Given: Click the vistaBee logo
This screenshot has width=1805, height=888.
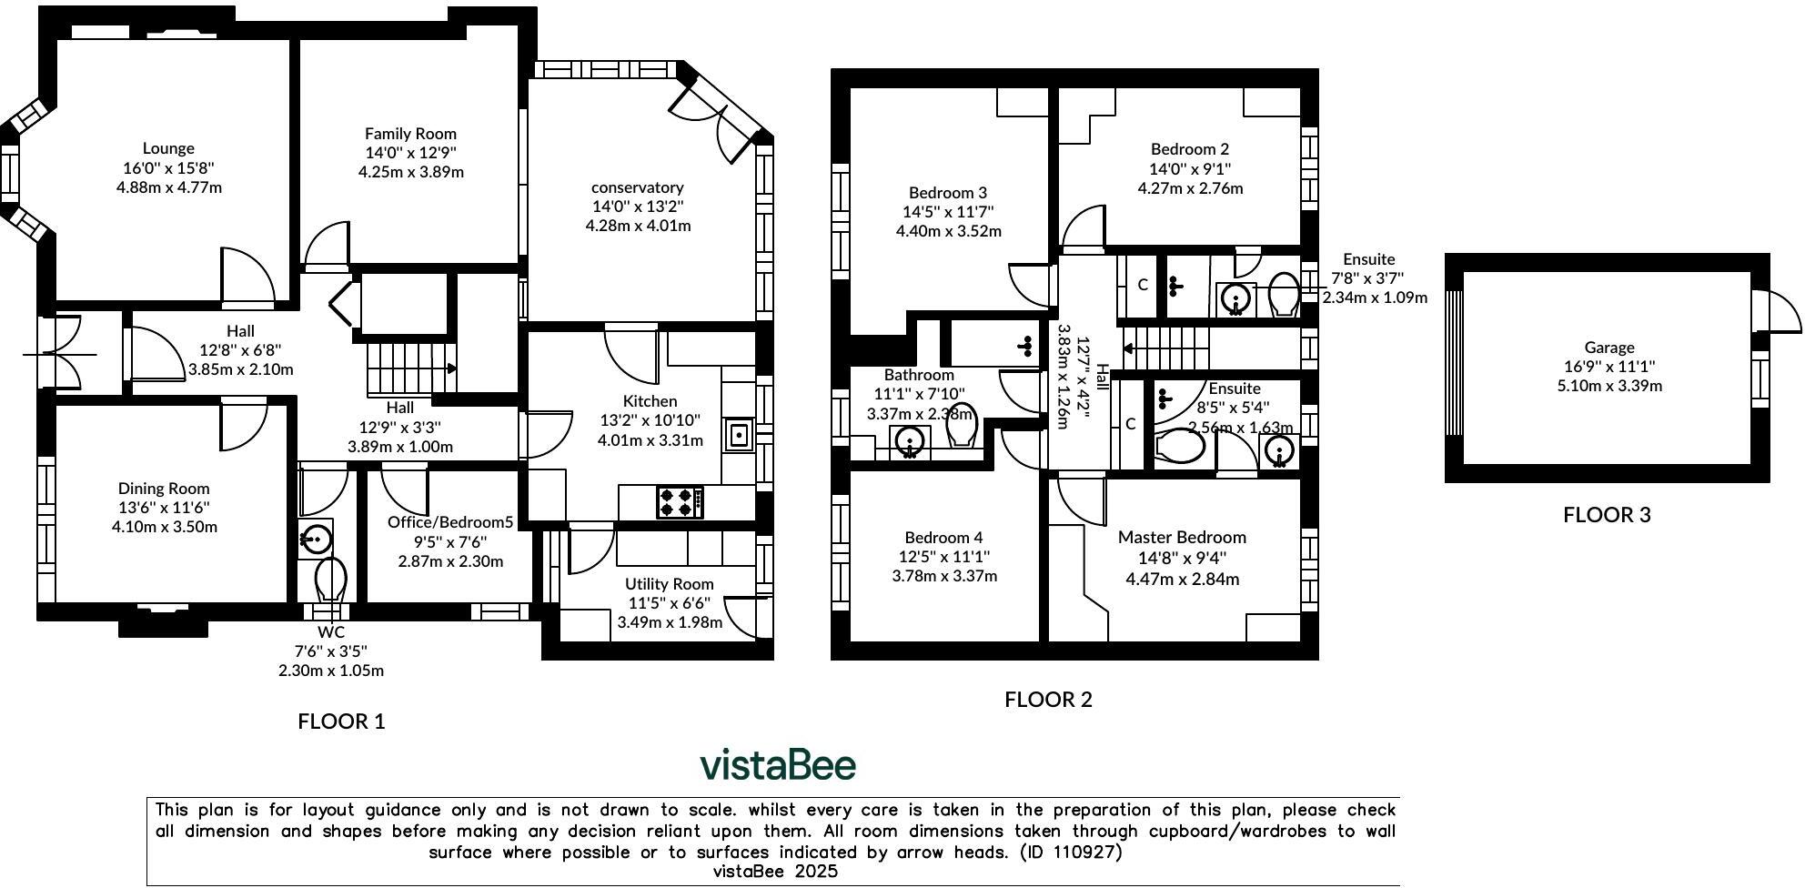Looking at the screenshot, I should tap(778, 764).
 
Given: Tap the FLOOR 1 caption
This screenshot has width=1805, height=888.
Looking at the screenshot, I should tap(341, 721).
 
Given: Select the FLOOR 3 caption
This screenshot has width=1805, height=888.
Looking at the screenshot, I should tap(1607, 515).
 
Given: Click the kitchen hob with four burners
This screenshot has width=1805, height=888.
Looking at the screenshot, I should tap(680, 502).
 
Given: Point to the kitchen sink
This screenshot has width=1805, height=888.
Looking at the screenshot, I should tap(739, 435).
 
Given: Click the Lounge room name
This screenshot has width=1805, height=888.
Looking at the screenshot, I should tap(168, 148).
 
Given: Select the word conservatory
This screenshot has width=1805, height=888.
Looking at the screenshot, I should tap(637, 187).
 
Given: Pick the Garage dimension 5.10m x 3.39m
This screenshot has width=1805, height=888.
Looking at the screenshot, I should tap(1609, 386).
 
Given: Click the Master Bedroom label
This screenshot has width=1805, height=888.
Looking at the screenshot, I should tap(1182, 537).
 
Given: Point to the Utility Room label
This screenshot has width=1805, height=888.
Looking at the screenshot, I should tap(669, 584).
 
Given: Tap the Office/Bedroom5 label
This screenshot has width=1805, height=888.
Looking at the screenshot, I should tap(450, 522).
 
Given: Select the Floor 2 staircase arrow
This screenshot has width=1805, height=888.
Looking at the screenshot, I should tap(1128, 348).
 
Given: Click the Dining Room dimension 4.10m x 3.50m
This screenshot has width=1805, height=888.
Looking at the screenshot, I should tap(165, 527).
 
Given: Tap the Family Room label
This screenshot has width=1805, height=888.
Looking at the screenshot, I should tap(410, 134).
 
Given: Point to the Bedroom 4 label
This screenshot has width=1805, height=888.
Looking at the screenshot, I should tap(943, 538).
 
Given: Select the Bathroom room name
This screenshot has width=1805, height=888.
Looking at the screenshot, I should tap(919, 375).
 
